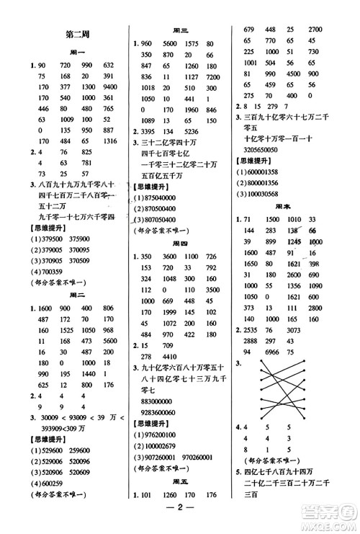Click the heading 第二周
(x=76, y=34)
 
